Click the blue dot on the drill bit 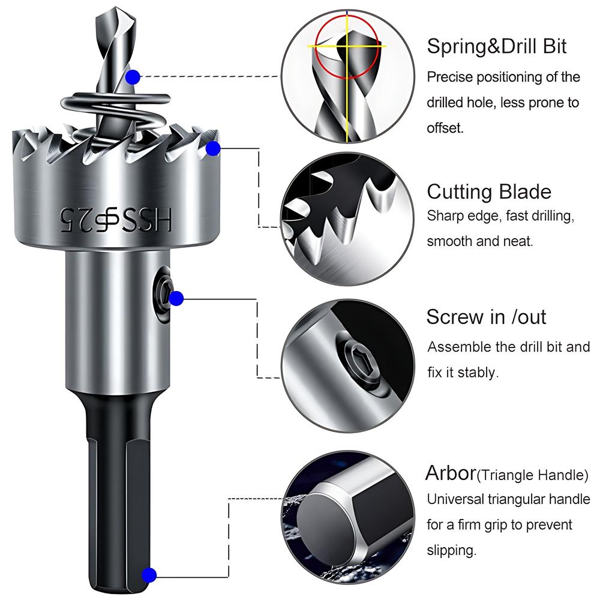click(133, 77)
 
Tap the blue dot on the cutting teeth click(212, 149)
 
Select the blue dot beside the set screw click(176, 298)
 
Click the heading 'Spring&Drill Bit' click(496, 47)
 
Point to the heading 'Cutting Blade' click(488, 192)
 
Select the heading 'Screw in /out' click(486, 316)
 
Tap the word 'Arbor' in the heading click(451, 473)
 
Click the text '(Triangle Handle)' click(532, 476)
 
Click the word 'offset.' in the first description click(445, 128)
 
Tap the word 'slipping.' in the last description click(452, 550)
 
